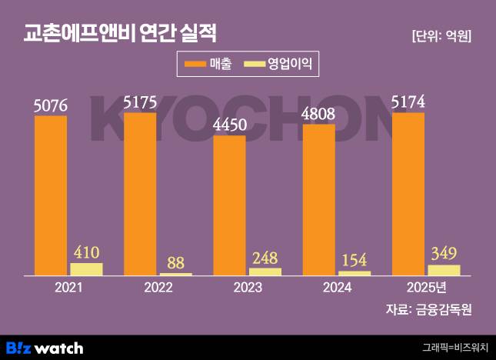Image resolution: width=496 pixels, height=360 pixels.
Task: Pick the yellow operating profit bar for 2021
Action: pos(86,269)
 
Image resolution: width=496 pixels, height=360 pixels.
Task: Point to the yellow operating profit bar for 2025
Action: pos(444,270)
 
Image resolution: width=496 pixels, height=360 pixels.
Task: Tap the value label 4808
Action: pos(318,113)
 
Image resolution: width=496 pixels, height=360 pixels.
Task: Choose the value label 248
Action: pos(265,257)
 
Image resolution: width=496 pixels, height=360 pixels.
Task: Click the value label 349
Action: pos(444,253)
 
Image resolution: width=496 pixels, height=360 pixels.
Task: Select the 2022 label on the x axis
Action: pos(158,288)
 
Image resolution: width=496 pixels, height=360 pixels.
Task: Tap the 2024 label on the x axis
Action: pos(336,288)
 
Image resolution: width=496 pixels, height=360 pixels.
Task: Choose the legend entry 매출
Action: pos(208,64)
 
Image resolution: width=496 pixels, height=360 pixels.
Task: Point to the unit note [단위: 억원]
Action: pos(441,35)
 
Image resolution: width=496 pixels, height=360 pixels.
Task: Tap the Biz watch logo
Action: pos(45,348)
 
